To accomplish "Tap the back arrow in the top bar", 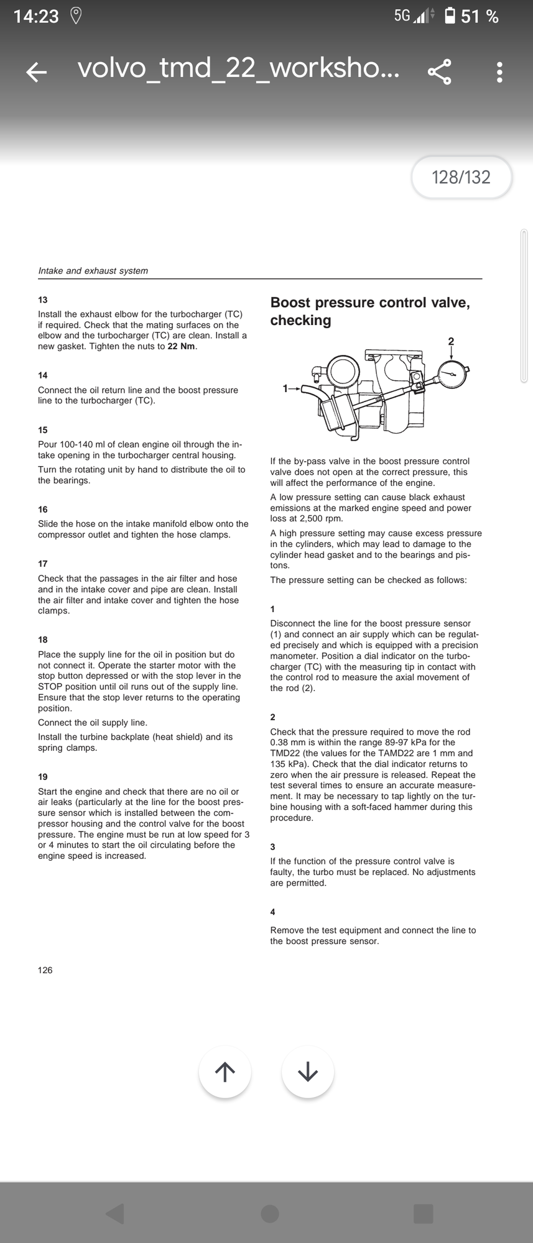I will (x=37, y=72).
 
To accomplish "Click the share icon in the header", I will (x=440, y=72).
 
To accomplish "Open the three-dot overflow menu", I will (x=499, y=72).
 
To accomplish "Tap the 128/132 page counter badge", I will (x=461, y=178).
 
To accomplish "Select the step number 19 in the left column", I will (x=43, y=777).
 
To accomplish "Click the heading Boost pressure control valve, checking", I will (x=369, y=311).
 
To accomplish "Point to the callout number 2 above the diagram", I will (x=451, y=341).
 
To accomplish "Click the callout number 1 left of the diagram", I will (x=285, y=388).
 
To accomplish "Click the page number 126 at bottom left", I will (x=45, y=970).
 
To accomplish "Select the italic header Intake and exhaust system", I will (x=93, y=271).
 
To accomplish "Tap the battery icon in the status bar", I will (x=450, y=16).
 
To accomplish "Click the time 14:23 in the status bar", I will (x=36, y=16).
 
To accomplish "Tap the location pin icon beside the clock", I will (x=76, y=16).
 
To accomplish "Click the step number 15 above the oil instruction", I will (x=43, y=430).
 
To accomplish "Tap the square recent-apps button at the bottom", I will (x=424, y=1213).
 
